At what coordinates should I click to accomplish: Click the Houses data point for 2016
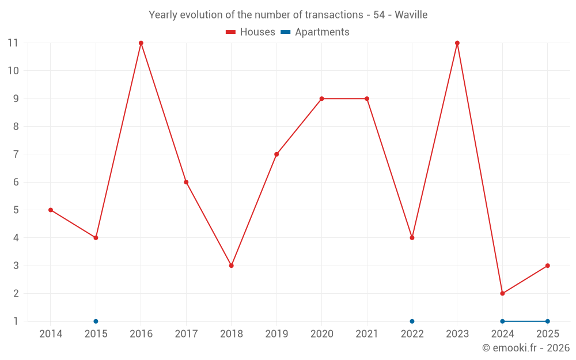pos(141,43)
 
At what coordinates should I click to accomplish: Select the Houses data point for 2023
pos(457,43)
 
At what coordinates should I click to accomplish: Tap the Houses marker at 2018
pos(232,266)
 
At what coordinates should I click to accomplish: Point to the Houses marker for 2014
pos(51,210)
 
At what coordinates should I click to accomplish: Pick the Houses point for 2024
pos(502,293)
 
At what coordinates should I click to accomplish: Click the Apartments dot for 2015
pos(96,321)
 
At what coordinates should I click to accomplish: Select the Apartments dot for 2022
pos(412,321)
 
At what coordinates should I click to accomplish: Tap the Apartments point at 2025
pos(548,321)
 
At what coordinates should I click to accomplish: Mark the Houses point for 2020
pos(321,98)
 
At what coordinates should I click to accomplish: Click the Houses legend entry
pos(251,32)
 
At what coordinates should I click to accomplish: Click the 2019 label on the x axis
pos(276,334)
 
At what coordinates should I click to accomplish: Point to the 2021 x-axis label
pos(367,334)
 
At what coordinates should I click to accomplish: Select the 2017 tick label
pos(186,334)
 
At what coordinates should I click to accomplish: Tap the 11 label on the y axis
pos(13,43)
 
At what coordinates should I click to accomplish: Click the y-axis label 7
pos(16,154)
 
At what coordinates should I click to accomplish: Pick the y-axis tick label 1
pos(16,321)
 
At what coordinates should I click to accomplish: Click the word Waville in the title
pos(411,15)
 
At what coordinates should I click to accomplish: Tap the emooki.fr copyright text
pos(526,348)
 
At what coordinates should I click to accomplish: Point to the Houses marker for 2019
pos(276,154)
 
